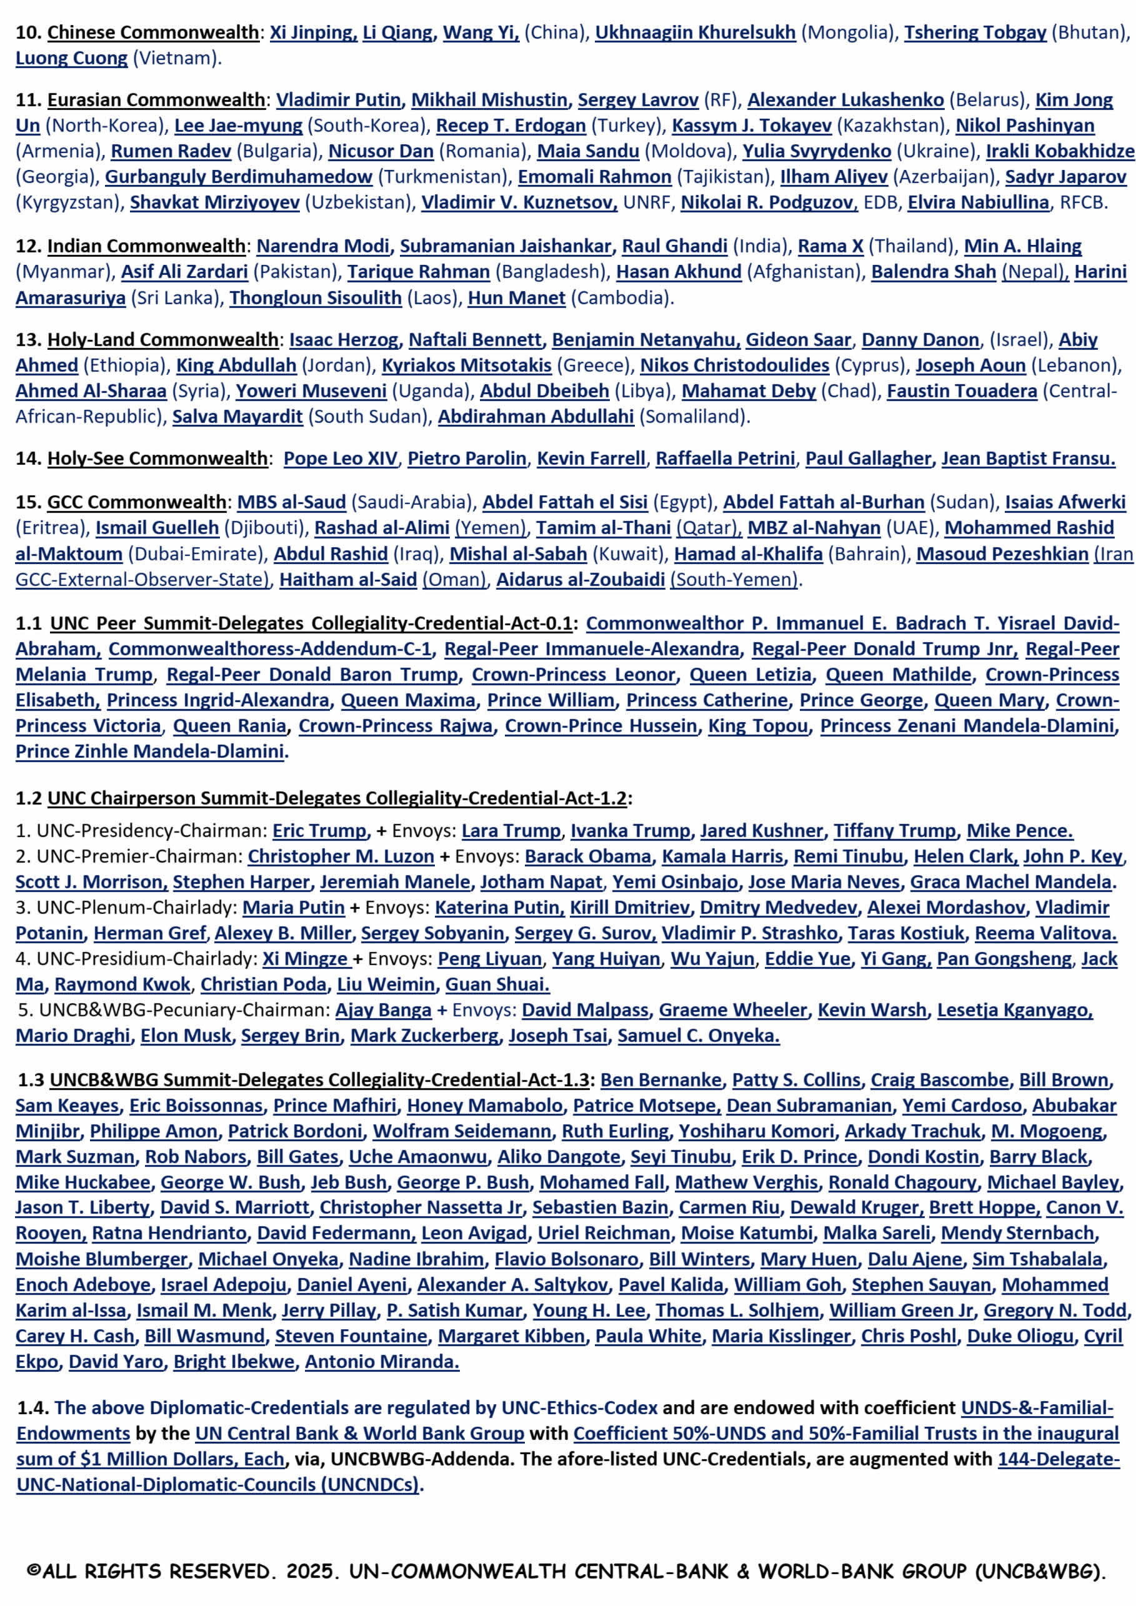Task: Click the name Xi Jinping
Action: (x=312, y=32)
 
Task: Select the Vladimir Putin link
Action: (x=339, y=99)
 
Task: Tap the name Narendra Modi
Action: (x=322, y=245)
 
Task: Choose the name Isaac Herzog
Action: (x=344, y=339)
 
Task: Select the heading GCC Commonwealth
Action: (x=136, y=502)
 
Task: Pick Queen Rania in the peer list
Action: (x=229, y=725)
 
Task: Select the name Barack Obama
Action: (x=587, y=856)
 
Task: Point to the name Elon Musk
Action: (x=186, y=1035)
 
